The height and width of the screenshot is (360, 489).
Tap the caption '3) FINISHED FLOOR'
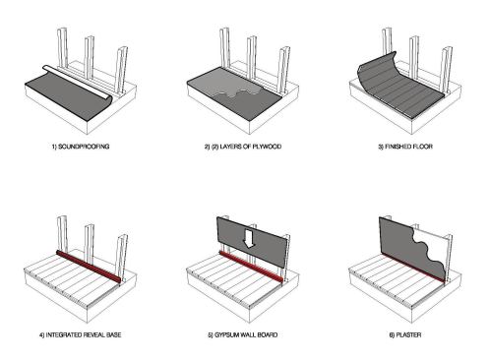404,146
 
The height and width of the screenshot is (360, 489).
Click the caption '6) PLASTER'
404,335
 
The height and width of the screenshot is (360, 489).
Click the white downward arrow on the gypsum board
251,238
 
